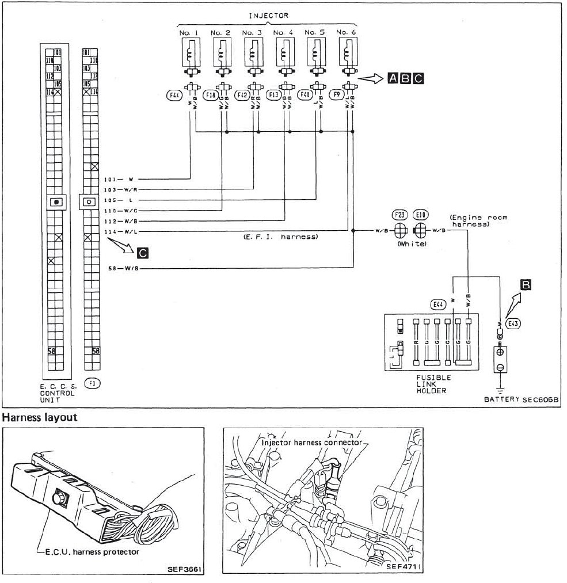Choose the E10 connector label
click(420, 215)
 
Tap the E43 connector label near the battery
click(514, 323)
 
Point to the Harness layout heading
click(41, 417)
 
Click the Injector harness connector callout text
click(313, 443)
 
